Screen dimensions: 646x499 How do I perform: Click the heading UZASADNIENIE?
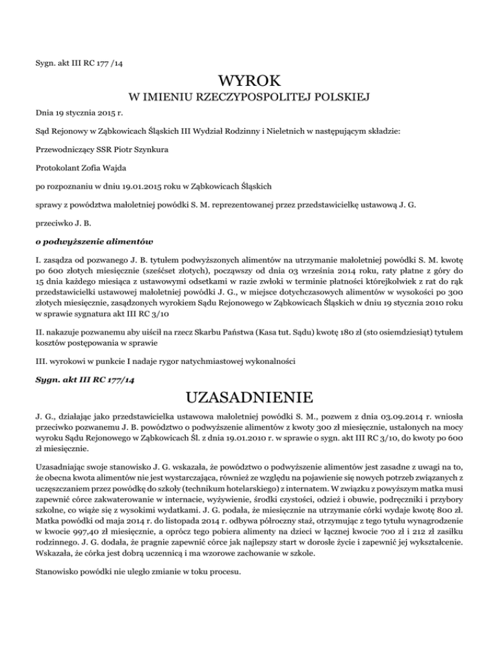coord(249,395)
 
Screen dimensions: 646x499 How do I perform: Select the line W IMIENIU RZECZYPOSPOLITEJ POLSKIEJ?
coord(249,98)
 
